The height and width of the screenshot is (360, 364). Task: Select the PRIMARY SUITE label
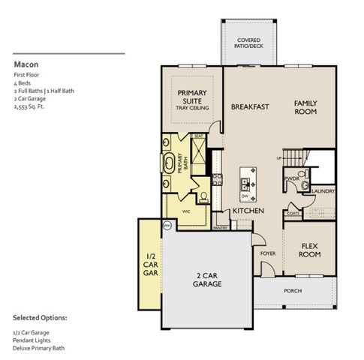pyautogui.click(x=192, y=97)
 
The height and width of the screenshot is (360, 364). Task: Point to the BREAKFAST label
pyautogui.click(x=250, y=107)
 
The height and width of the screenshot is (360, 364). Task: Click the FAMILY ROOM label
pyautogui.click(x=305, y=107)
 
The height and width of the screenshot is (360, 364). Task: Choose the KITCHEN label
pyautogui.click(x=247, y=211)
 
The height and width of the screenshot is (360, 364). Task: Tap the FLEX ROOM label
pyautogui.click(x=311, y=250)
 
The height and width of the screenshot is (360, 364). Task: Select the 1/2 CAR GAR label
pyautogui.click(x=150, y=265)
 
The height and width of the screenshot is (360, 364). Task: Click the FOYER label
pyautogui.click(x=268, y=253)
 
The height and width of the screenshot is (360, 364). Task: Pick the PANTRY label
pyautogui.click(x=221, y=227)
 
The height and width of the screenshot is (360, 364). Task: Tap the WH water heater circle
pyautogui.click(x=167, y=223)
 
